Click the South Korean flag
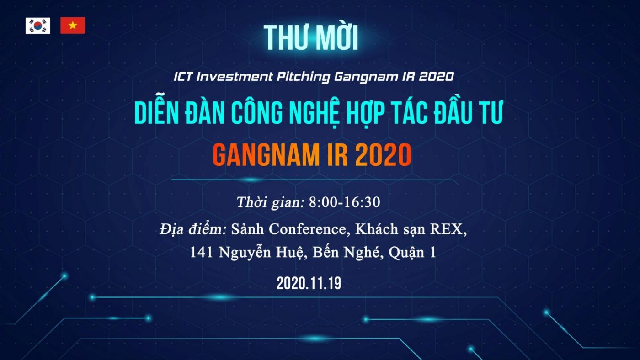coord(37,26)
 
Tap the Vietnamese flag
coord(73,26)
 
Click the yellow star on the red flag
coord(73,26)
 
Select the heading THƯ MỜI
coord(310,37)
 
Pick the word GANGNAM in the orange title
coord(266,155)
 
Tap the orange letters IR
coord(337,155)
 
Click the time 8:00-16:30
coord(345,202)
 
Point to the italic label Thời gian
coord(271,202)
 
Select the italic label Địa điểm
coord(193,229)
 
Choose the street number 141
coord(202,252)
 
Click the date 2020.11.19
coord(309,284)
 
